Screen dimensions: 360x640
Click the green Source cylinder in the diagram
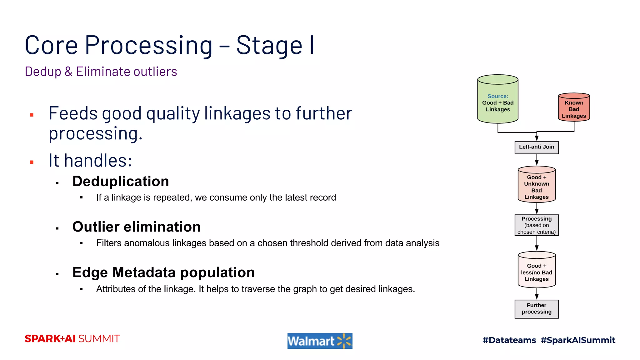pos(497,99)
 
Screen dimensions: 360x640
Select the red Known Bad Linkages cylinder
pos(574,108)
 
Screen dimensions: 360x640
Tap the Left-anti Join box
pos(536,147)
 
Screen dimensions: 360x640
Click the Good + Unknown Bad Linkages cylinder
pos(536,185)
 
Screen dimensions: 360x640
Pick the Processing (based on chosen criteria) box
pos(536,225)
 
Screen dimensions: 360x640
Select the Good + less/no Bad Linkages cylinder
pos(536,270)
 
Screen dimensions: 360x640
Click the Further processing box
pos(536,309)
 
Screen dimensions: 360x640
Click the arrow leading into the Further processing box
pos(537,294)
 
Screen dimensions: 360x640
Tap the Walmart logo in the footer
pos(319,341)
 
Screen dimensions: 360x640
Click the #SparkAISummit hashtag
pos(578,340)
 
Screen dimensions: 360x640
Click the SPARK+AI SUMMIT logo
pos(72,339)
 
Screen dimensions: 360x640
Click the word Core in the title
pos(51,46)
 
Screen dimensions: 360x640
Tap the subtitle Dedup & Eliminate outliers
pos(101,72)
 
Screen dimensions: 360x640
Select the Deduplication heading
pos(120,182)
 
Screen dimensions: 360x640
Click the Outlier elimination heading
pos(136,227)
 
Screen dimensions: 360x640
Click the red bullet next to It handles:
pos(32,162)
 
